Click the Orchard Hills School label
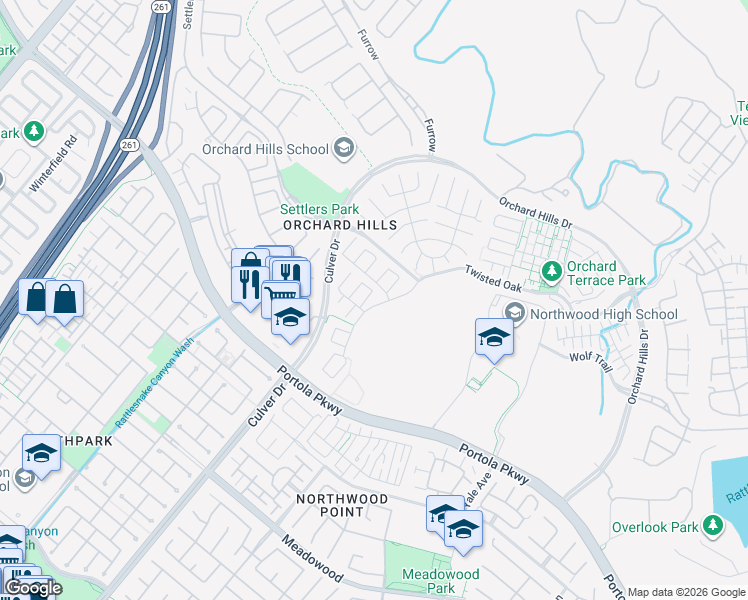(265, 149)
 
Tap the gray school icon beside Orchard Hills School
(343, 149)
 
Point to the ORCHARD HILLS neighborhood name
(340, 226)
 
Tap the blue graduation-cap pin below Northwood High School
(494, 337)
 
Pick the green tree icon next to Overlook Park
(712, 525)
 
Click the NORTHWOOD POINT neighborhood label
(329, 504)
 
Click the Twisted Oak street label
(493, 278)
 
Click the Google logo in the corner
(33, 588)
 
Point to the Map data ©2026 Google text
(685, 592)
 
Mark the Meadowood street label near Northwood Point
(310, 559)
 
